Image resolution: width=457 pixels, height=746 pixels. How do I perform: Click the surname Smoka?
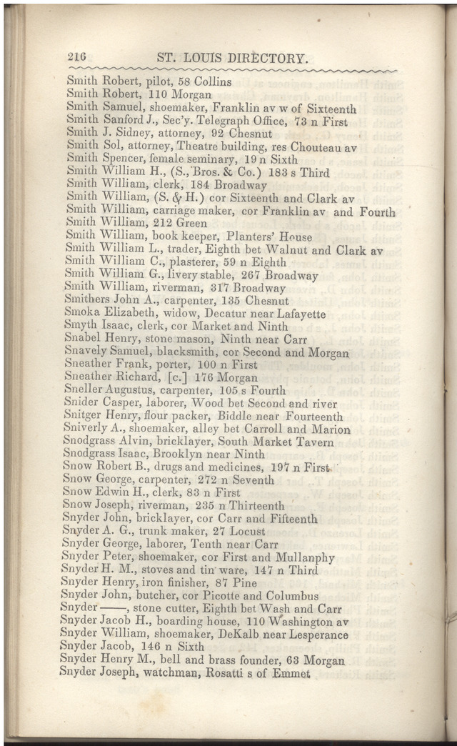tap(83, 314)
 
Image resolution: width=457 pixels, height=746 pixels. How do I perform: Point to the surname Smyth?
tap(82, 327)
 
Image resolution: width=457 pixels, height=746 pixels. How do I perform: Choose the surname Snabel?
tap(83, 339)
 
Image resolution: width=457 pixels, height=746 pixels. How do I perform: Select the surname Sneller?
tap(84, 390)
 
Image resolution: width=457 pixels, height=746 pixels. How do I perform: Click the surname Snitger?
tap(82, 417)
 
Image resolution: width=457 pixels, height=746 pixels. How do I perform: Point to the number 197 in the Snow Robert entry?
tap(273, 467)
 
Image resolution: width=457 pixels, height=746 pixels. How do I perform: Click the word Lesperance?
tap(315, 635)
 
